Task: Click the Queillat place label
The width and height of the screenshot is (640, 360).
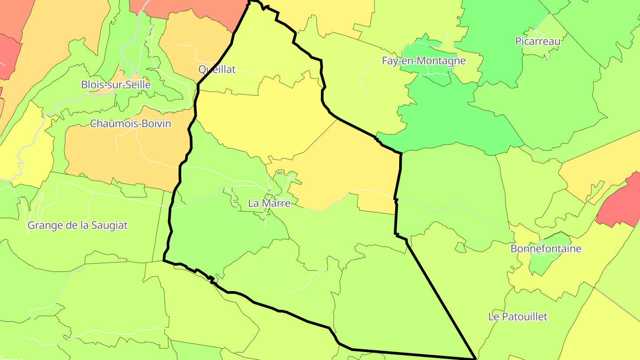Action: tap(217, 69)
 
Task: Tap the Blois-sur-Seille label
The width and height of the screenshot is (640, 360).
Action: tap(116, 84)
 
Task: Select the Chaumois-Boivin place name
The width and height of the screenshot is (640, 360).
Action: tap(130, 124)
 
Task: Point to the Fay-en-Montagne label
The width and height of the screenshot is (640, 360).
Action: tap(424, 61)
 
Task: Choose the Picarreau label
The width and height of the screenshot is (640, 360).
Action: tap(538, 41)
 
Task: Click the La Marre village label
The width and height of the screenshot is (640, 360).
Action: tap(269, 204)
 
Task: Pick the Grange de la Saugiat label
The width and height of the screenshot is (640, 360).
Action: tap(77, 225)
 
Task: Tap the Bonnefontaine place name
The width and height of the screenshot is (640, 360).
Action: tap(546, 248)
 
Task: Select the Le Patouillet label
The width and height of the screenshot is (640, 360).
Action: tap(518, 317)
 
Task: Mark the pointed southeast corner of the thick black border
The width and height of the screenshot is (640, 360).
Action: tap(475, 358)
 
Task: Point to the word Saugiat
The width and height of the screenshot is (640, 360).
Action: tap(109, 225)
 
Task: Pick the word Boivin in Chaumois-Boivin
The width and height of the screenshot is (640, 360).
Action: tap(155, 124)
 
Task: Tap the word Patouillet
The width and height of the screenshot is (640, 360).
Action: tap(525, 317)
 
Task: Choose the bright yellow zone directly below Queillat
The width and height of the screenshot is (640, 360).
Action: tap(262, 120)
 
